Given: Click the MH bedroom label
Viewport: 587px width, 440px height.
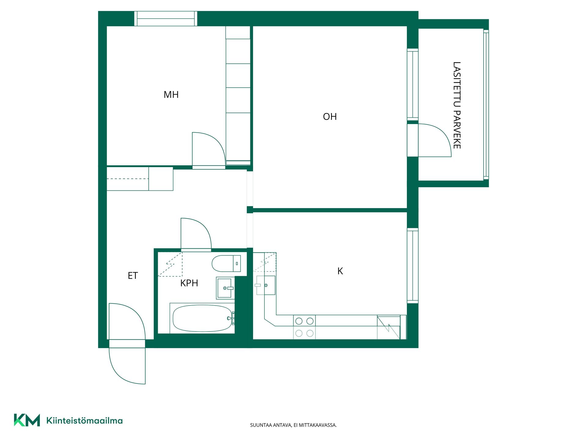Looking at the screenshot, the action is point(171,94).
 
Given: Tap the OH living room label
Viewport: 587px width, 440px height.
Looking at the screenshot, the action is point(330,116).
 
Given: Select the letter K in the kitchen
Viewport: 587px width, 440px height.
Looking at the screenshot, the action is point(340,271).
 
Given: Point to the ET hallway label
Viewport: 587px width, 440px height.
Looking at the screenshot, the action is point(133,276).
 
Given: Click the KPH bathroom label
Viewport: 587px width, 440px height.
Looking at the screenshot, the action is point(189,283).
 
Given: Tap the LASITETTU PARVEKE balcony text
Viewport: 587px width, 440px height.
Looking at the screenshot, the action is point(457,105).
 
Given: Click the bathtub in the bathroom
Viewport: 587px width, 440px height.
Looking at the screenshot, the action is point(202,318).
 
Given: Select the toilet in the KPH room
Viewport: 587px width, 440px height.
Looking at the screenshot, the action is point(226,263).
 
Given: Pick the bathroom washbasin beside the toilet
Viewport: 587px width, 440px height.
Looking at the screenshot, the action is point(226,288).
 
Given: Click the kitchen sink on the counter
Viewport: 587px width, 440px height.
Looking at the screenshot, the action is point(265,285).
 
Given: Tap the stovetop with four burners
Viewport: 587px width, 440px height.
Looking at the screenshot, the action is point(304,327).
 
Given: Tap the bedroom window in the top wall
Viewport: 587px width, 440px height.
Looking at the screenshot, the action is point(166,19).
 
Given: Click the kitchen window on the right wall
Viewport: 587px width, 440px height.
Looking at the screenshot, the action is point(413,266).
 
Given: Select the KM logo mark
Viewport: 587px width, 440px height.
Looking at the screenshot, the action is point(27,420).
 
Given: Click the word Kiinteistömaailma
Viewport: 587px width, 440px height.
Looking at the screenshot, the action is point(84,420).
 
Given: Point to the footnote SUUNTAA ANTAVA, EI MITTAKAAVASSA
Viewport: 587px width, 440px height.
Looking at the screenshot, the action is point(293,425).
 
